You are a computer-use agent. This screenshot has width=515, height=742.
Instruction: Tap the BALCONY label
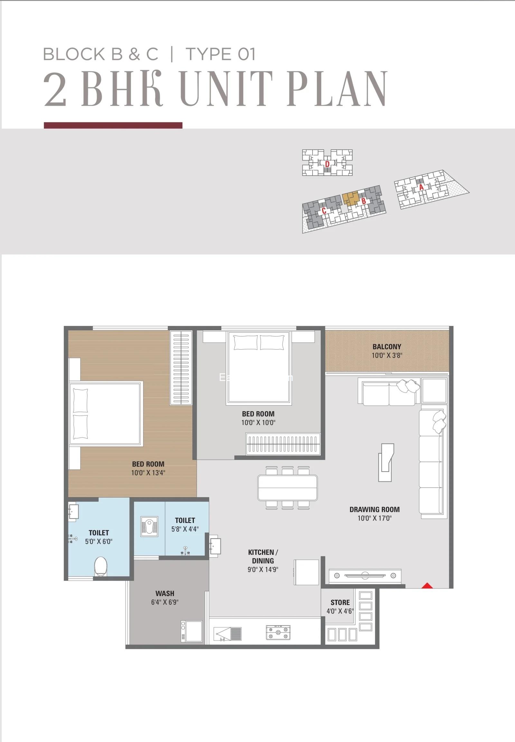[387, 347]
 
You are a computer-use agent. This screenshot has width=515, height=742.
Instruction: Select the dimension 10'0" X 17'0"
[374, 518]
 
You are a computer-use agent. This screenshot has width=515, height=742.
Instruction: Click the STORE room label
[340, 602]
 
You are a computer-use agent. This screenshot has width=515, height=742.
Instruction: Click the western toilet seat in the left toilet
[100, 566]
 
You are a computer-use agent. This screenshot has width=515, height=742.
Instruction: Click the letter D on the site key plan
[327, 164]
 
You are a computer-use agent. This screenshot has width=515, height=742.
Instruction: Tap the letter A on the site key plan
[421, 187]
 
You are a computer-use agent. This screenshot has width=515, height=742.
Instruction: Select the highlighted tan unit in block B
[351, 199]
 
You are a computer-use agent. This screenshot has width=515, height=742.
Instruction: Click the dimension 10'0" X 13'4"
[148, 473]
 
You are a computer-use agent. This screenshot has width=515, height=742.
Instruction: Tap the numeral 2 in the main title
[55, 88]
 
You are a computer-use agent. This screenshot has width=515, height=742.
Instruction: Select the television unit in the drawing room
[365, 575]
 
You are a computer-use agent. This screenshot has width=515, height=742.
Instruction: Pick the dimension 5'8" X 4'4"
[185, 529]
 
